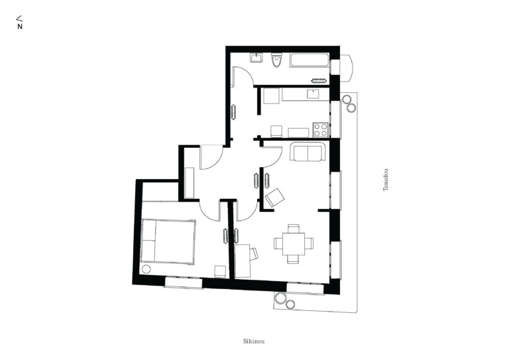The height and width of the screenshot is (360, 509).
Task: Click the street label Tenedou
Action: pyautogui.click(x=386, y=180)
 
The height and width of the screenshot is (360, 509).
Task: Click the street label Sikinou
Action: pyautogui.click(x=254, y=341)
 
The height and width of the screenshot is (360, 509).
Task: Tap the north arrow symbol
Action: pyautogui.click(x=19, y=23)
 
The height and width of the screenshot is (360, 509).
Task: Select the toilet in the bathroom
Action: pyautogui.click(x=276, y=60)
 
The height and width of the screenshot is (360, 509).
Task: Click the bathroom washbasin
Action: pyautogui.click(x=256, y=58)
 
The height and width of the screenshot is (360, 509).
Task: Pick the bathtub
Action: pyautogui.click(x=310, y=60)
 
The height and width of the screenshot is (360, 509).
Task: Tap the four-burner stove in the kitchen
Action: pyautogui.click(x=321, y=129)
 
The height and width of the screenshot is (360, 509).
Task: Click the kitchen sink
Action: pyautogui.click(x=313, y=94)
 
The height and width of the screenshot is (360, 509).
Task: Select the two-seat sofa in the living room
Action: pyautogui.click(x=308, y=152)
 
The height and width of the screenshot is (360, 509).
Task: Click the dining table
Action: pyautogui.click(x=294, y=243)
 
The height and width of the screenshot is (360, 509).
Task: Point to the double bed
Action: pyautogui.click(x=168, y=241)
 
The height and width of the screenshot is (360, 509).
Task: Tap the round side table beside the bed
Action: pyautogui.click(x=146, y=269)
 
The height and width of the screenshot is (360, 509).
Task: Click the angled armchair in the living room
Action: pyautogui.click(x=274, y=198)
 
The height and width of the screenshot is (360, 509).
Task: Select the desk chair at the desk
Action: pyautogui.click(x=254, y=253)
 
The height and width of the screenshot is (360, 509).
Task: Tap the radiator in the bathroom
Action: pyautogui.click(x=319, y=80)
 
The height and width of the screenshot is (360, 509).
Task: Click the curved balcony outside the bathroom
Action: pyautogui.click(x=347, y=68)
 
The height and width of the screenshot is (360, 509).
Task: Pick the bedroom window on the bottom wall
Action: pyautogui.click(x=184, y=282)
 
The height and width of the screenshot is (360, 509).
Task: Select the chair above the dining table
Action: pyautogui.click(x=294, y=228)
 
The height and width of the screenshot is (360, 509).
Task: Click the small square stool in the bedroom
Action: pyautogui.click(x=220, y=271)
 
